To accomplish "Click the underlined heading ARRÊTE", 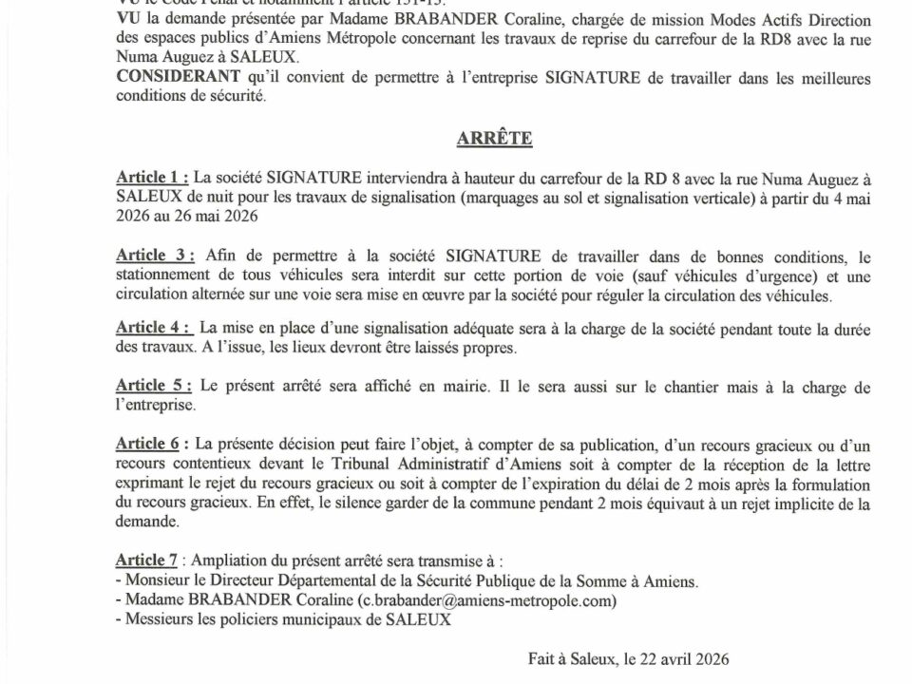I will point(494,139).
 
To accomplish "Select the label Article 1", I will point(151,178).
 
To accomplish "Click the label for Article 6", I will point(151,444).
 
